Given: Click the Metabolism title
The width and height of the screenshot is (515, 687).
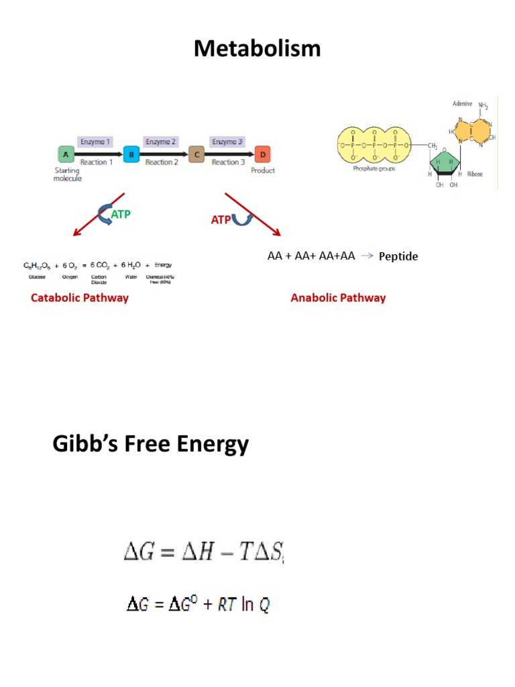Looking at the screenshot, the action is pyautogui.click(x=257, y=49).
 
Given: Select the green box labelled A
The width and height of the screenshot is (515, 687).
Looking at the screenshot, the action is pyautogui.click(x=66, y=154).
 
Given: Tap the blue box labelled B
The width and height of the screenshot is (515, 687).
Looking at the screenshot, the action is pyautogui.click(x=131, y=154).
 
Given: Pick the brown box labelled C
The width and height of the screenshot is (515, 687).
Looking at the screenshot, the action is pyautogui.click(x=196, y=154).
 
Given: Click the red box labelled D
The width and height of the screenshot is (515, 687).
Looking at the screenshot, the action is pyautogui.click(x=262, y=154).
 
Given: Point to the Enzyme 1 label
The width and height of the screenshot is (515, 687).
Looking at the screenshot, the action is pyautogui.click(x=95, y=142).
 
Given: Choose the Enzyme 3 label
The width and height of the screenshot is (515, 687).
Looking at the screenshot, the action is pyautogui.click(x=227, y=142).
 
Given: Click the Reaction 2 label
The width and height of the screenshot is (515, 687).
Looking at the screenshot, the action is pyautogui.click(x=162, y=162).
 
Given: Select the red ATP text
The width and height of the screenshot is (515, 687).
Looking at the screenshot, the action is pyautogui.click(x=221, y=219).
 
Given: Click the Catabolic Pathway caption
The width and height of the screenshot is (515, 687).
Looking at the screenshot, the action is pyautogui.click(x=79, y=297).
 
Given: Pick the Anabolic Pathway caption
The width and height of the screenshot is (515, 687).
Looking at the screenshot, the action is pyautogui.click(x=338, y=297).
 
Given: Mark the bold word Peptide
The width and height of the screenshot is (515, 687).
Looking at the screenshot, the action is pyautogui.click(x=398, y=256).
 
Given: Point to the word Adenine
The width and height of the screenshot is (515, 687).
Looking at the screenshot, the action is pyautogui.click(x=463, y=104).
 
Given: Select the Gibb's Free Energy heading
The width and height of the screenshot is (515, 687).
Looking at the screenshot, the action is pyautogui.click(x=150, y=444).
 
